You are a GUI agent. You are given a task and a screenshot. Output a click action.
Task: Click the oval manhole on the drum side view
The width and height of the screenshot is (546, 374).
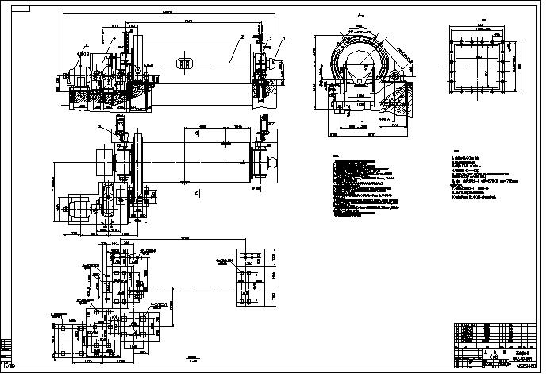(x=185, y=62)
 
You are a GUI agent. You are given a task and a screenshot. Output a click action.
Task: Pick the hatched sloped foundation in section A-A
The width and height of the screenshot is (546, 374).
(x=397, y=102)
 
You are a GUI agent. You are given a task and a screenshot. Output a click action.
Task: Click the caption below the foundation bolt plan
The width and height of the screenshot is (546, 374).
(x=191, y=358)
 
